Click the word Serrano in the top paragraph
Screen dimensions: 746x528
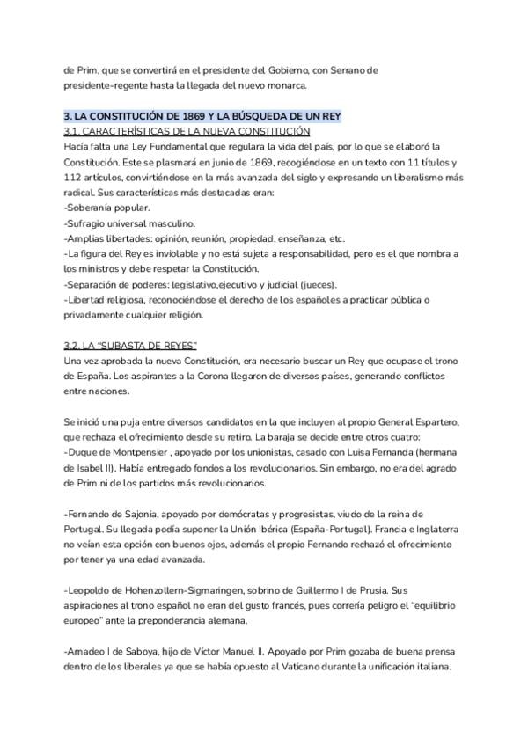(339, 69)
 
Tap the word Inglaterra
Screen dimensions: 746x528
(436, 529)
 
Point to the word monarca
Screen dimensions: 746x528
(284, 85)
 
